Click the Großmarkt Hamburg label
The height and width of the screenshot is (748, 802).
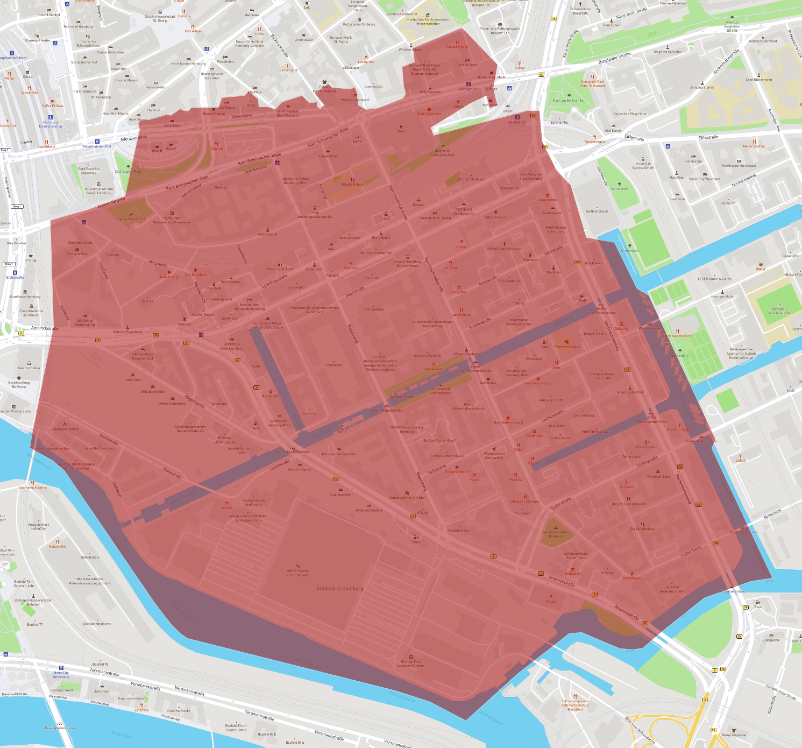coord(339,588)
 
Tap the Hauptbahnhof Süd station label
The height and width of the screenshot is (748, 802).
coord(97,146)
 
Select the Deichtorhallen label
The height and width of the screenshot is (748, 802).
coord(29,368)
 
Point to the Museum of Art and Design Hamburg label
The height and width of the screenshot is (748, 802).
coord(99,190)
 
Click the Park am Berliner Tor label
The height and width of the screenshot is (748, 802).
coord(569,101)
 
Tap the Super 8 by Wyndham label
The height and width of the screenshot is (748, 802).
coord(704,179)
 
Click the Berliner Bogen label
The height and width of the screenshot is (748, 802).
coord(597,211)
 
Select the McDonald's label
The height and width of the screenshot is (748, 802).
coord(573,574)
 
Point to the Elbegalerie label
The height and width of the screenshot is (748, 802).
coord(771,640)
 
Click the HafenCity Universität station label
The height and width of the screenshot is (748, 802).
coord(61,675)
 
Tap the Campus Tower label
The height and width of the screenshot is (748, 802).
coord(62,690)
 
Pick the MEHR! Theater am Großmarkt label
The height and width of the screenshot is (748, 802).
coord(297,573)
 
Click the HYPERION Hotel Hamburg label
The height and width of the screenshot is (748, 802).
coord(232,346)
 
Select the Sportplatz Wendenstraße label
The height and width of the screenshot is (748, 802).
coord(779,311)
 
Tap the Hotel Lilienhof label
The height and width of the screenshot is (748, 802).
coord(49,15)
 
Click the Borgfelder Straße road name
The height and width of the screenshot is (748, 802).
coord(614,58)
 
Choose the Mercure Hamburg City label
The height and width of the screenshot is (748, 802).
coord(339,454)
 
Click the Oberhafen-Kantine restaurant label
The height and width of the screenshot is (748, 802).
coord(33,488)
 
